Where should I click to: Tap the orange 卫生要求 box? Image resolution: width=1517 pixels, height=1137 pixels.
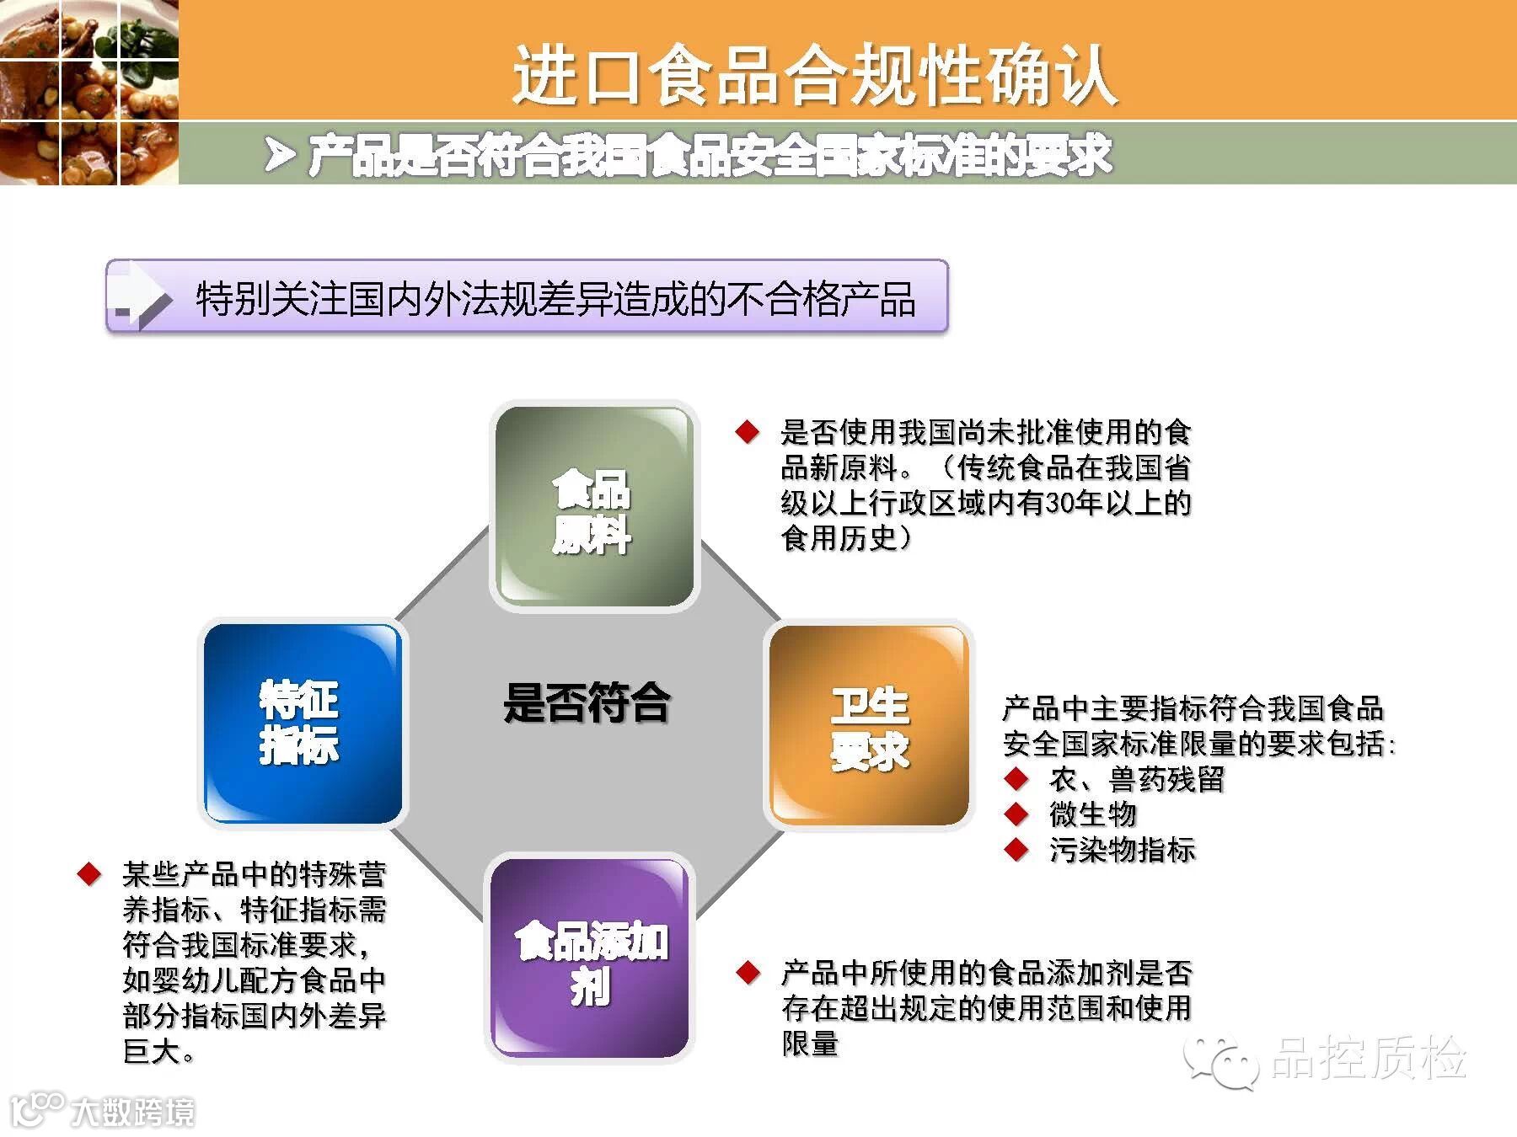(869, 725)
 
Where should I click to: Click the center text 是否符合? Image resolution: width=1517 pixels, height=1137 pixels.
(587, 703)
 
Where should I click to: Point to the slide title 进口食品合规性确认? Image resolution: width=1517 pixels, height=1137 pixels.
(815, 76)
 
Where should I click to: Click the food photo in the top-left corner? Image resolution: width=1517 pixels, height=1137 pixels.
(89, 92)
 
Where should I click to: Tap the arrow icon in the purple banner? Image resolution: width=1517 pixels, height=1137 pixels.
(142, 296)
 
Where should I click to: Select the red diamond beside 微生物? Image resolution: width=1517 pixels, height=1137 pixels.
(1017, 814)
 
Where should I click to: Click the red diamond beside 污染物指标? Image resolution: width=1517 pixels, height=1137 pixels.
(1017, 850)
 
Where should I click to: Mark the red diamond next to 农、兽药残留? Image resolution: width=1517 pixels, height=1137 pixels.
(1017, 779)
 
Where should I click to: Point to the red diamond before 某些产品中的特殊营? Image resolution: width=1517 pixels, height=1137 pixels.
(89, 873)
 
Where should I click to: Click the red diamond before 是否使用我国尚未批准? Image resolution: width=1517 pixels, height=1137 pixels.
(748, 432)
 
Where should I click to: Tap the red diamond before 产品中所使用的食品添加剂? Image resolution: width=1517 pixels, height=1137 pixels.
(748, 973)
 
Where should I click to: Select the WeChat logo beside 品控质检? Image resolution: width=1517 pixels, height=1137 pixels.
(1221, 1060)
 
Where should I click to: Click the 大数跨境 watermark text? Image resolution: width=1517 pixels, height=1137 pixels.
(133, 1112)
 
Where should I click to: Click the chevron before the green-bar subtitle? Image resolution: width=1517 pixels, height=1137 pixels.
(280, 155)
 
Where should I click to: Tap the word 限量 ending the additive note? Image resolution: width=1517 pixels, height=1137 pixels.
(811, 1044)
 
